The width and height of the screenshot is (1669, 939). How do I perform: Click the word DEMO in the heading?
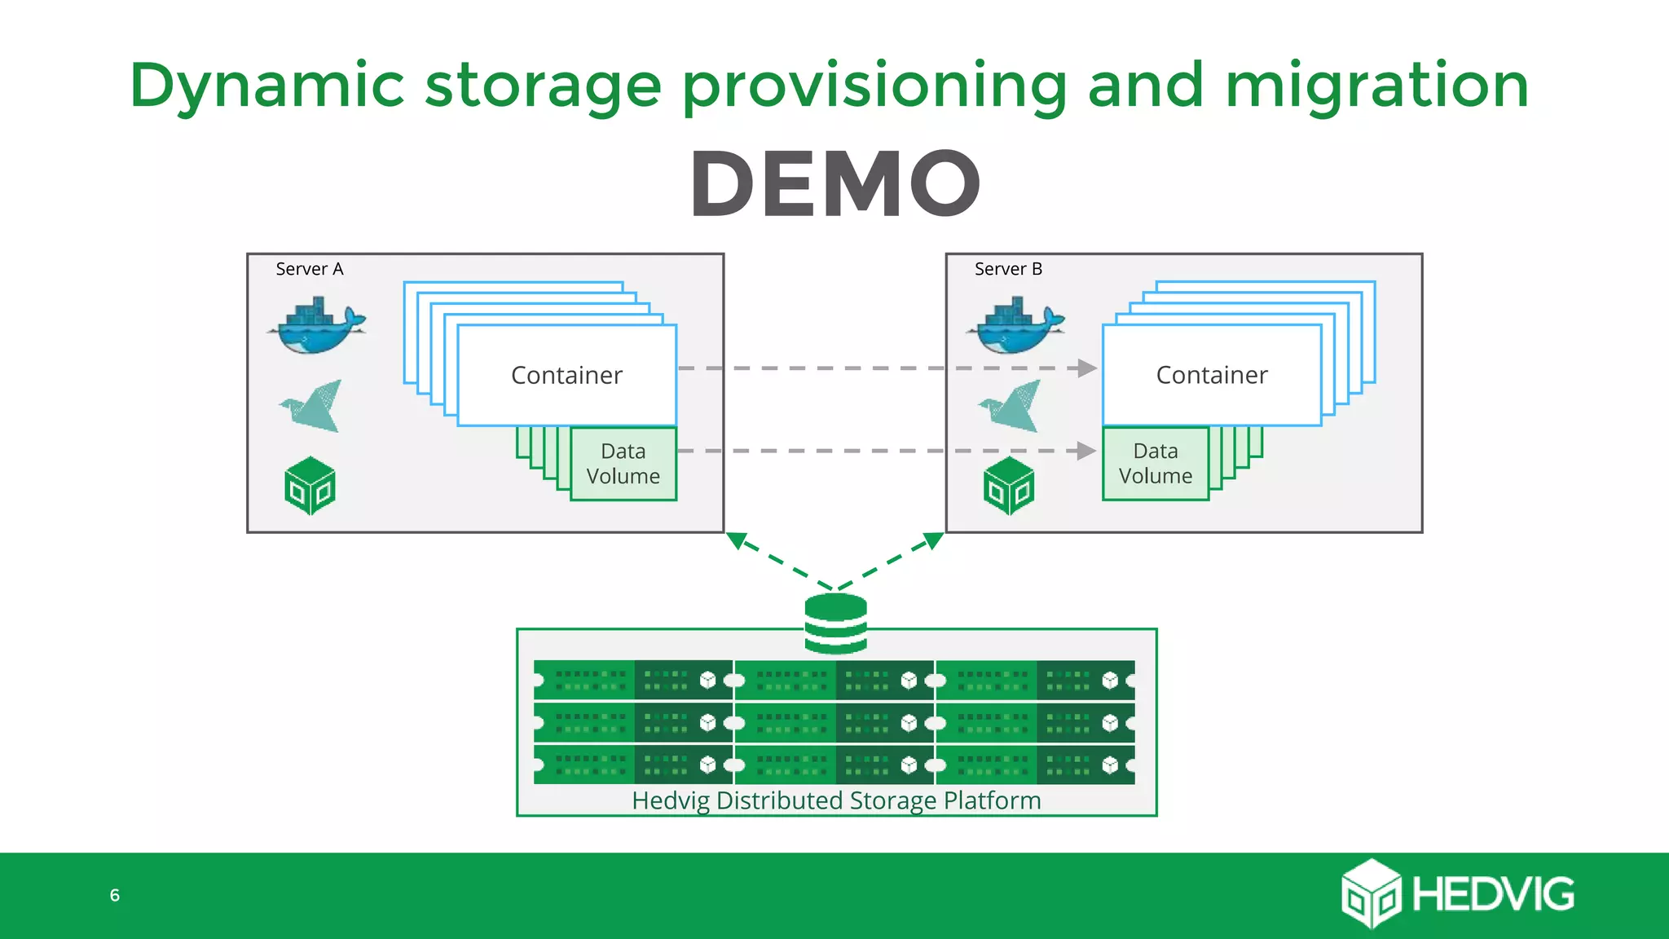(835, 184)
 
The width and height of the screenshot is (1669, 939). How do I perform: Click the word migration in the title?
(1377, 86)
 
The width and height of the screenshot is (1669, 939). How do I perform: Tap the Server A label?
(310, 269)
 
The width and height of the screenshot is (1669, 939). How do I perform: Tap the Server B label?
(1008, 269)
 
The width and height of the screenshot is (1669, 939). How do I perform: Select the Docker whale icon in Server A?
(316, 327)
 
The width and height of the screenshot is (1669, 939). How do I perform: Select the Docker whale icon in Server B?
(1015, 327)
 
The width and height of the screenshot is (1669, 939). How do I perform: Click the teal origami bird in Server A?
(313, 406)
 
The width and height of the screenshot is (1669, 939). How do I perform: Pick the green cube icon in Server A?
(310, 486)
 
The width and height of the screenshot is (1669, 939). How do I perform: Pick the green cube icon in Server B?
(1009, 486)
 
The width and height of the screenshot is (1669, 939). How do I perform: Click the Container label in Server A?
(566, 375)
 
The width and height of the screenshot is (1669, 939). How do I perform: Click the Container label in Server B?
(1212, 375)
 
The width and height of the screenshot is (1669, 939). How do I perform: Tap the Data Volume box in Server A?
(623, 464)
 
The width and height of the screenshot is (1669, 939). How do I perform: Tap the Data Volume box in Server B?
(1155, 464)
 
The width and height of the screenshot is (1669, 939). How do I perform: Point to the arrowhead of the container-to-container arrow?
(1087, 368)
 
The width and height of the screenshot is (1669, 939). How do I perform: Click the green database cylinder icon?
(835, 624)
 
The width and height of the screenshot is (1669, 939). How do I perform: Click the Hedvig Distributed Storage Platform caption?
(836, 800)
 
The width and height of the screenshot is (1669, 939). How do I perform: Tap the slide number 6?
(115, 895)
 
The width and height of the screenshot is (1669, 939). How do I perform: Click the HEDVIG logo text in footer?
(1493, 894)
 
